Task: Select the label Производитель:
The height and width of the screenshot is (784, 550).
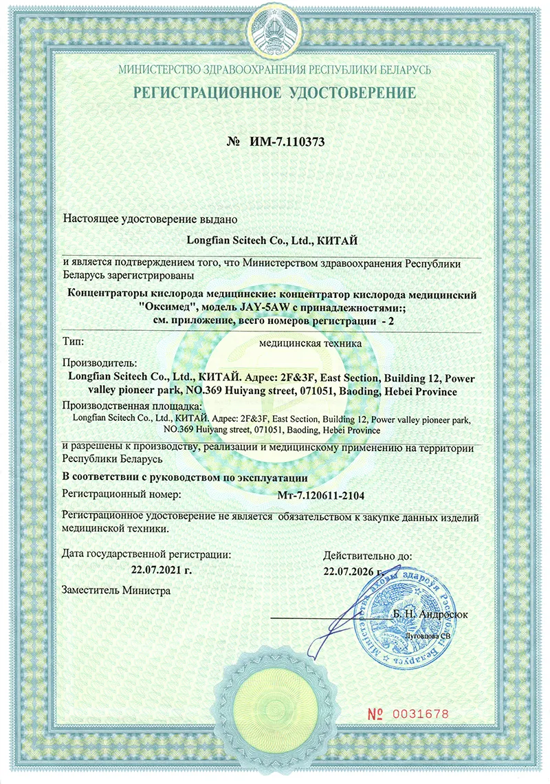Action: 100,362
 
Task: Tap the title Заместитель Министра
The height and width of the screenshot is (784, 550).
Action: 115,589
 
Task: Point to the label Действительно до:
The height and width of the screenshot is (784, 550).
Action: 367,555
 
